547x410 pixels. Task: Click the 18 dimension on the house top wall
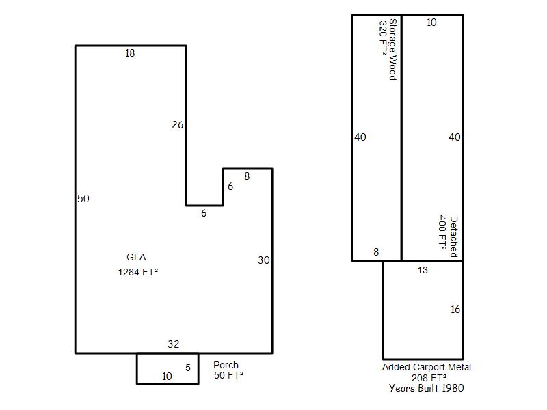tap(130, 53)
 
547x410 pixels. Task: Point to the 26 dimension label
tap(177, 125)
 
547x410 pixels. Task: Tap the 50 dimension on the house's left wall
tap(83, 199)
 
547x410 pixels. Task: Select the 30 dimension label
tap(264, 260)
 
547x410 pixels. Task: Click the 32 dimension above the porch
tap(174, 344)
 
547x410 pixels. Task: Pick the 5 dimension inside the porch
tap(188, 368)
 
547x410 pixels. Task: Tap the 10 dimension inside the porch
tap(167, 377)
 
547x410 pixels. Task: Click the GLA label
tap(136, 257)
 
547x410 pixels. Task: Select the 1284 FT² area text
tap(138, 272)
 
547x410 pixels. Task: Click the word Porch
tap(226, 365)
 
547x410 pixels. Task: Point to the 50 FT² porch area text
tap(228, 375)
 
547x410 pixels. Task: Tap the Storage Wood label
tap(392, 49)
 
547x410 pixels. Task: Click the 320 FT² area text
tap(384, 38)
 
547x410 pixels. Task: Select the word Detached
tap(453, 236)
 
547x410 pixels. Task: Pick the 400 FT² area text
tap(442, 232)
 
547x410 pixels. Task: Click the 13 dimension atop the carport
tap(423, 270)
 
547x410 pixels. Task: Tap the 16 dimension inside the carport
tap(455, 310)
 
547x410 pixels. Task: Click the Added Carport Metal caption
tap(426, 367)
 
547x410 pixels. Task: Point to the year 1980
tap(453, 388)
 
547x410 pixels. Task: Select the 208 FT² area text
tap(429, 378)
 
